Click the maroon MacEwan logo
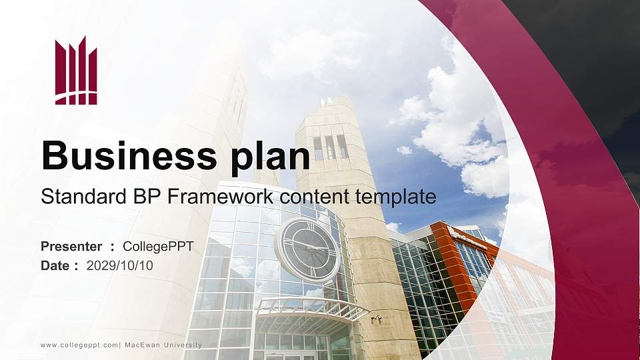(76, 71)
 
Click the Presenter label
(71, 247)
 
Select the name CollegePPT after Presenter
(159, 247)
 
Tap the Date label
(55, 266)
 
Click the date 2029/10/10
(120, 266)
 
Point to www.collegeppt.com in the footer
(79, 345)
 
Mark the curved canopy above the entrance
(312, 309)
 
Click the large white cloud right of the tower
(460, 127)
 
